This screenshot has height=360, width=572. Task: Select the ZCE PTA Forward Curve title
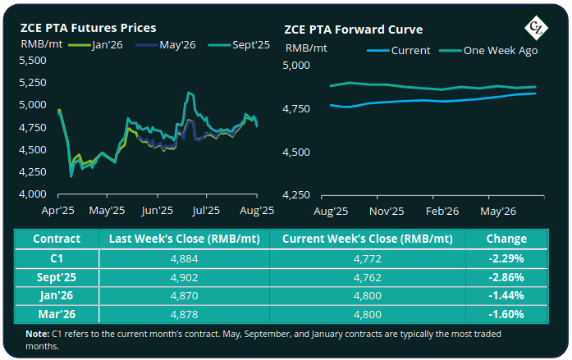pos(354,29)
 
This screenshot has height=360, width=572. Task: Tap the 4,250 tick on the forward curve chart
pos(299,195)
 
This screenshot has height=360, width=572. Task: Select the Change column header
pos(506,239)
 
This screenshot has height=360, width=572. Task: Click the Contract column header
pos(57,239)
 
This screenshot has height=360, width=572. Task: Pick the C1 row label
pos(57,257)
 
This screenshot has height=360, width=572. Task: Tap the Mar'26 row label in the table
pos(57,312)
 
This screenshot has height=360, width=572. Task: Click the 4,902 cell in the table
pos(184,276)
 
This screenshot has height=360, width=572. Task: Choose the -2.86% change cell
pos(506,276)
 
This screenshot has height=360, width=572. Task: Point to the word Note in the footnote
pos(37,334)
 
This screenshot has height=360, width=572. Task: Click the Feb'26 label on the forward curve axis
pos(442,211)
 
